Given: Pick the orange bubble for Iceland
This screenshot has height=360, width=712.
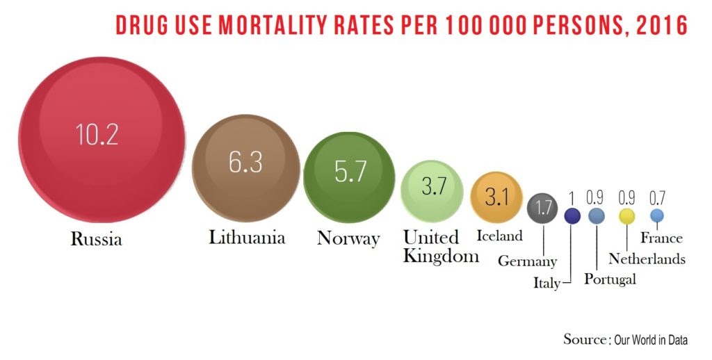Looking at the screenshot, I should coord(496,197).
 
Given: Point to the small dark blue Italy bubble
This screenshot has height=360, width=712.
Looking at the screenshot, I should coord(572,216).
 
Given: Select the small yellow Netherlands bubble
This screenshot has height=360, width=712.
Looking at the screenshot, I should coord(627,216).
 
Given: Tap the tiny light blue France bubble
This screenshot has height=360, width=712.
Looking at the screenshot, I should coord(657,215).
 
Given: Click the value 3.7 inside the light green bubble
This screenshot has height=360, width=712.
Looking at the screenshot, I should coord(433,187).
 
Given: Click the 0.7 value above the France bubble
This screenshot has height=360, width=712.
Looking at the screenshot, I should coord(657,197).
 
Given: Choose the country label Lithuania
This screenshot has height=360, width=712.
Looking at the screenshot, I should coord(247,238).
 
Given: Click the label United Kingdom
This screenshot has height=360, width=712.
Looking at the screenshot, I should coord(441,247).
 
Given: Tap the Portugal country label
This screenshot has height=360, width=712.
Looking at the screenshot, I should coord(610,279).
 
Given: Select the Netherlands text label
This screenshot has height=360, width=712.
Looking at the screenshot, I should coord(647,259).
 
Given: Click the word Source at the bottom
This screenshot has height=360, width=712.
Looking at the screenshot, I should coord(584,340).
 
